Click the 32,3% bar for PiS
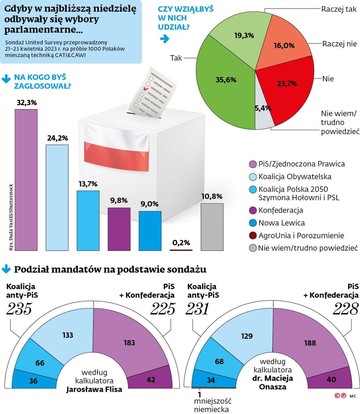click(26, 179)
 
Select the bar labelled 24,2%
click(57, 197)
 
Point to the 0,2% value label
click(181, 243)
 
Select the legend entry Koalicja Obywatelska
click(290, 176)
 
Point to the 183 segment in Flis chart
click(129, 342)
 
